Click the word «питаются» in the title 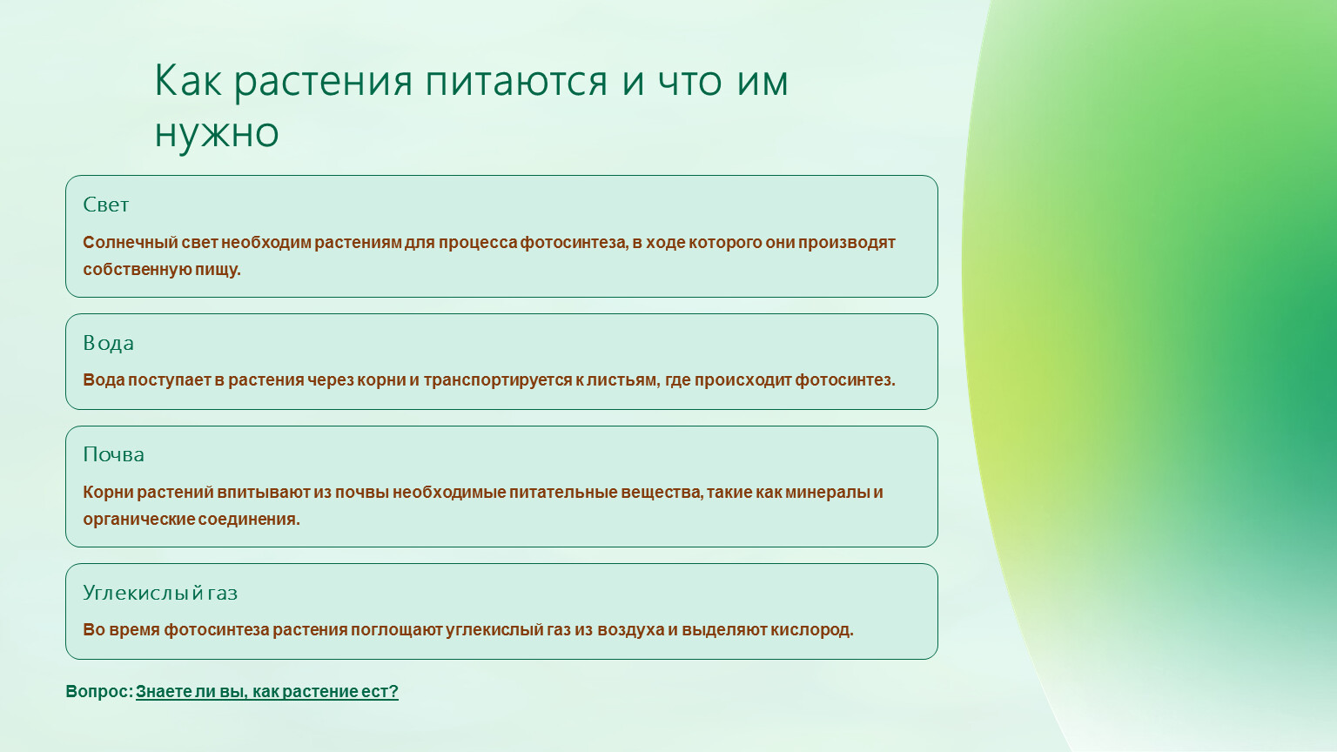pyautogui.click(x=516, y=81)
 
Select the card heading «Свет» pyautogui.click(x=105, y=205)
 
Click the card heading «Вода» pyautogui.click(x=108, y=343)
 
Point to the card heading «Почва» pyautogui.click(x=113, y=455)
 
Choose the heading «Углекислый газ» pyautogui.click(x=160, y=593)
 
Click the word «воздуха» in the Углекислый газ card pyautogui.click(x=631, y=630)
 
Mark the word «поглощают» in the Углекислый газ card pyautogui.click(x=396, y=630)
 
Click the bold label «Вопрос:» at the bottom pyautogui.click(x=99, y=692)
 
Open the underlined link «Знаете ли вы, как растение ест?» pyautogui.click(x=267, y=692)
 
